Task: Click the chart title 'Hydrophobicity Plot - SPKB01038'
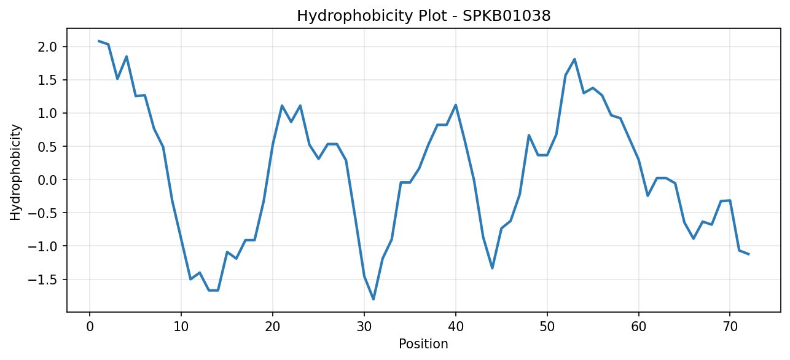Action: pyautogui.click(x=424, y=16)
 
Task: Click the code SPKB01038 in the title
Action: pyautogui.click(x=506, y=16)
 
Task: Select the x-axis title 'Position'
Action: pyautogui.click(x=423, y=344)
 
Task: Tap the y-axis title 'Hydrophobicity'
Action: pyautogui.click(x=15, y=173)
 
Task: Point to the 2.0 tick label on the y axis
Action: pyautogui.click(x=47, y=47)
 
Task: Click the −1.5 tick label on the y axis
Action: pyautogui.click(x=42, y=280)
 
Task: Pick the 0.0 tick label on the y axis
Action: pyautogui.click(x=47, y=180)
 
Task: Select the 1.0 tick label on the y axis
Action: pyautogui.click(x=47, y=113)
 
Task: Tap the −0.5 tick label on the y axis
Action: pyautogui.click(x=42, y=213)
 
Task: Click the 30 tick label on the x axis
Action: pyautogui.click(x=364, y=327)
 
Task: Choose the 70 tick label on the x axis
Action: pyautogui.click(x=730, y=327)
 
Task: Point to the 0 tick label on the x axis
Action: pyautogui.click(x=90, y=327)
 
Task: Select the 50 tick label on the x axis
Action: pyautogui.click(x=547, y=327)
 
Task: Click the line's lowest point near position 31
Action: pyautogui.click(x=373, y=299)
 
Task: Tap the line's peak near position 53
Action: pyautogui.click(x=574, y=59)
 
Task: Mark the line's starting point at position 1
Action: pyautogui.click(x=99, y=41)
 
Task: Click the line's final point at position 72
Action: pyautogui.click(x=748, y=254)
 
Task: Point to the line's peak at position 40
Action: pyautogui.click(x=456, y=104)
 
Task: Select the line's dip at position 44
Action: pyautogui.click(x=492, y=268)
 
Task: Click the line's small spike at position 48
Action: pyautogui.click(x=529, y=135)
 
